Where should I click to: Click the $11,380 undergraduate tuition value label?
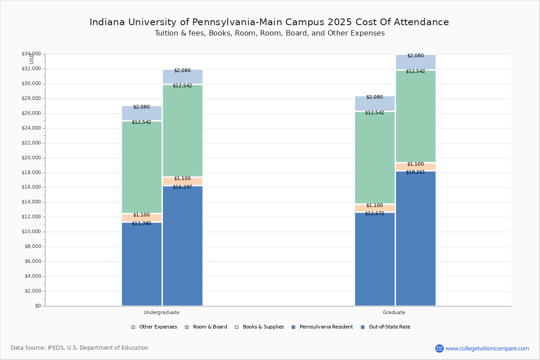click(141, 223)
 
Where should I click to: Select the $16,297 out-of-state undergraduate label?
click(182, 187)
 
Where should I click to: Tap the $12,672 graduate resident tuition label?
click(374, 213)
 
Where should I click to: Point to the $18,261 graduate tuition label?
click(415, 172)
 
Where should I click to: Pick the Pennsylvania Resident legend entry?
click(322, 327)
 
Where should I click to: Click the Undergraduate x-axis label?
click(162, 312)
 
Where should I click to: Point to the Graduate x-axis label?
click(394, 312)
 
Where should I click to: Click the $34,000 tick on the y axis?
click(31, 54)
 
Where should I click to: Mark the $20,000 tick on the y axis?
click(31, 158)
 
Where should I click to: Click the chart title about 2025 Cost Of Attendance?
click(269, 22)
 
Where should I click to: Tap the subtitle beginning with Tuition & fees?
click(269, 33)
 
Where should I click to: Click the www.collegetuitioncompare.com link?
click(487, 348)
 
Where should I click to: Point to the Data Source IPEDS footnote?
click(80, 348)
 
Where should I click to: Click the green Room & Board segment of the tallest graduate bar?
click(416, 117)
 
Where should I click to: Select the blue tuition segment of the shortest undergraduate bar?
click(142, 265)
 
